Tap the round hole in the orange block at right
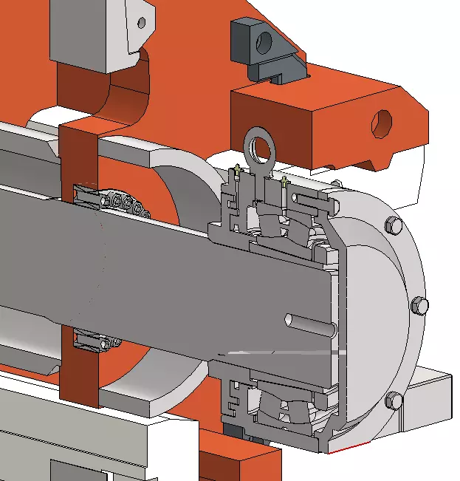pyautogui.click(x=382, y=123)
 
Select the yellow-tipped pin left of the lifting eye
pyautogui.click(x=236, y=174)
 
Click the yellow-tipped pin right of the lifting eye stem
pyautogui.click(x=284, y=181)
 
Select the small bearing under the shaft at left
pyautogui.click(x=96, y=342)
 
